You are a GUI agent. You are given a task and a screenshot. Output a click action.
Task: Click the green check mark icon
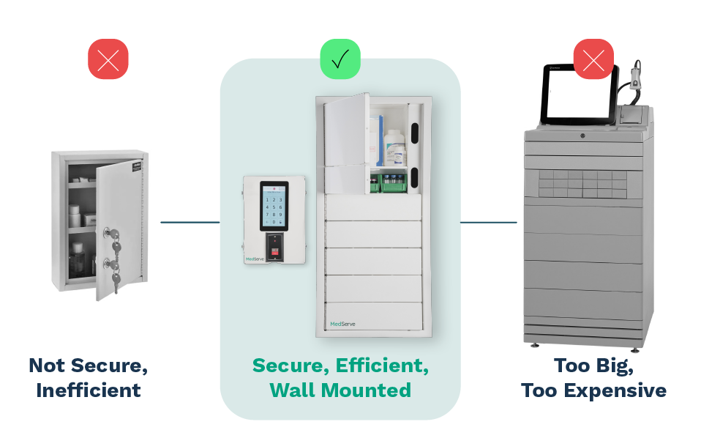coord(340,59)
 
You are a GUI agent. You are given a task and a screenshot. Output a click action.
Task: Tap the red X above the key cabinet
coord(108,59)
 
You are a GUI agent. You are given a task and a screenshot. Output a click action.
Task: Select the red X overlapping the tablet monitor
coord(593,59)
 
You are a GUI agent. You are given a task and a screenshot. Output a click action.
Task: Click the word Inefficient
coord(89,390)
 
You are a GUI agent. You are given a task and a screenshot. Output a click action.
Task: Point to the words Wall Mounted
coord(340,390)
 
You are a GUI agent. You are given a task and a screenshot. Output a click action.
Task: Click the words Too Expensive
coord(593,390)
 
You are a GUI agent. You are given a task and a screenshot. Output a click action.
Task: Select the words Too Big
coord(593,365)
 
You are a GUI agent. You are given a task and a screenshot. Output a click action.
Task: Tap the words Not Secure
coord(89,365)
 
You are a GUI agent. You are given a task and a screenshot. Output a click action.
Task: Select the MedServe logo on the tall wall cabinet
coord(342,324)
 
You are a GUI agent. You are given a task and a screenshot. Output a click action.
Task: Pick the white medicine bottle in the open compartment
coord(394,147)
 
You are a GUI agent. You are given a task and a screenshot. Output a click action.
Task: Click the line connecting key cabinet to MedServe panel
coord(190,222)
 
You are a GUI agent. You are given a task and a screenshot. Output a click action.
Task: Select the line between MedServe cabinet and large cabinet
coord(488,222)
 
